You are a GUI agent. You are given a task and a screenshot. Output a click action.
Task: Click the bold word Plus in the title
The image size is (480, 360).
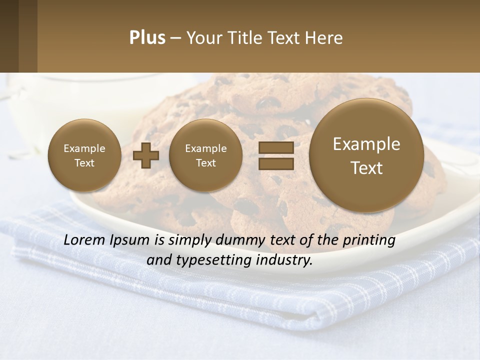pos(147,38)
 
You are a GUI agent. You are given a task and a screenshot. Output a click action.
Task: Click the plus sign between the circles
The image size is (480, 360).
pos(146,155)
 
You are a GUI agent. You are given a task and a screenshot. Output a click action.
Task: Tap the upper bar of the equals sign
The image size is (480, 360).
pos(275,147)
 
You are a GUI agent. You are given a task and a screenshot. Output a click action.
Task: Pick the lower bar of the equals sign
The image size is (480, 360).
pos(275,163)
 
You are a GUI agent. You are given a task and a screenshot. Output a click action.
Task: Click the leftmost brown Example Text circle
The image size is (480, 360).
pos(84,155)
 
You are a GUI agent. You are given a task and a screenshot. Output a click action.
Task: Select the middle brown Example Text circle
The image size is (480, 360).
pos(206,155)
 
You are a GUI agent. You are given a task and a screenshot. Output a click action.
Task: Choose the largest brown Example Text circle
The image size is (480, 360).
pos(366,155)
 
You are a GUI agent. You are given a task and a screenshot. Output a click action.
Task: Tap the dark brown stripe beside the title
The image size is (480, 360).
pos(9,36)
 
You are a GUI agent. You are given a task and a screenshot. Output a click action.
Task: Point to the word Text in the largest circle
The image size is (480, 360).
pos(366,168)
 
